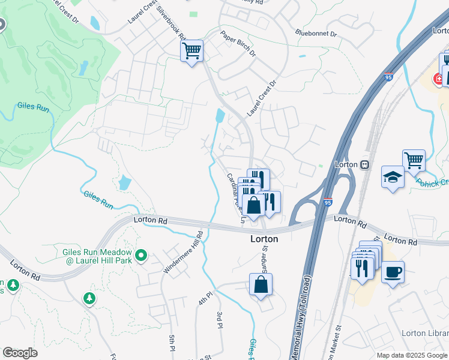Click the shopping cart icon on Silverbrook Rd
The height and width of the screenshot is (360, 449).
191,51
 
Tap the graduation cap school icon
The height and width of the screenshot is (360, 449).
393,177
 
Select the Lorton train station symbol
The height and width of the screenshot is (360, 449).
364,164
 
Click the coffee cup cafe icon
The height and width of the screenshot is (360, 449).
393,272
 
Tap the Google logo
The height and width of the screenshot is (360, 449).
20,353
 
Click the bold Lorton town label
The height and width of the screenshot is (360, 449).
264,238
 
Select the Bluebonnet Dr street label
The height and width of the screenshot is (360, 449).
316,33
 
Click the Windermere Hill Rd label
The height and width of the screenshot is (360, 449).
184,252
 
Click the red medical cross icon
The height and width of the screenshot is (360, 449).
438,79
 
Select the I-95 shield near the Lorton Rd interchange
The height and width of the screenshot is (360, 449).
328,202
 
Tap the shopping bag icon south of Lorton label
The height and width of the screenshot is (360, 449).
261,284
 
